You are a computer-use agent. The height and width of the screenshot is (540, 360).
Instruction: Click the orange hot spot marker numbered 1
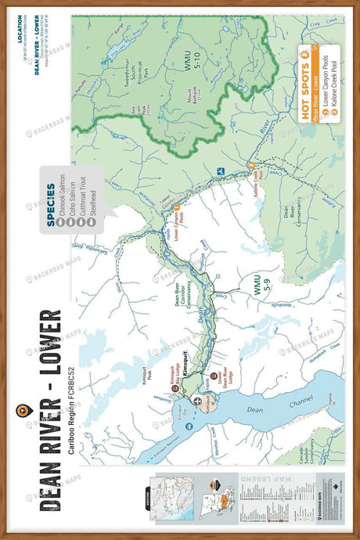pos(177,207)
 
